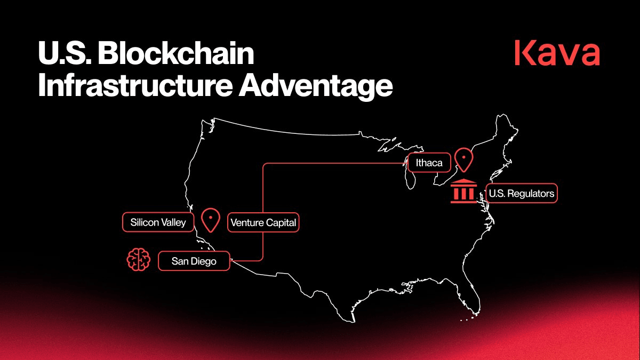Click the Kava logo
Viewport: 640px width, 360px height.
pos(557,53)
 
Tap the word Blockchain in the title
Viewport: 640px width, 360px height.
pos(176,53)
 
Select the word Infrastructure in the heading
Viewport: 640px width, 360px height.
pos(135,85)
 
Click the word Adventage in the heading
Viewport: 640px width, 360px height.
pos(316,86)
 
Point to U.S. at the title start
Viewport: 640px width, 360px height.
pos(65,53)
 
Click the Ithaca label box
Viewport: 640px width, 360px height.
pos(429,163)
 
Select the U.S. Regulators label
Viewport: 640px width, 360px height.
pos(522,194)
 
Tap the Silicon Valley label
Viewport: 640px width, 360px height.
pos(158,222)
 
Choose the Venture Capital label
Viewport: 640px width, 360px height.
pos(263,222)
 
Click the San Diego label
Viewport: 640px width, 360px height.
pos(194,261)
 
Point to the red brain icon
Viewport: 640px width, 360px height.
pos(139,259)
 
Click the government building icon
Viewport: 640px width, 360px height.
pos(463,191)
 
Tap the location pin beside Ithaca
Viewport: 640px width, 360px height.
pos(463,159)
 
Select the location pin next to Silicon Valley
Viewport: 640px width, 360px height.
pos(211,219)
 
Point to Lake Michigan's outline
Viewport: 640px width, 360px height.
pos(410,177)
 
